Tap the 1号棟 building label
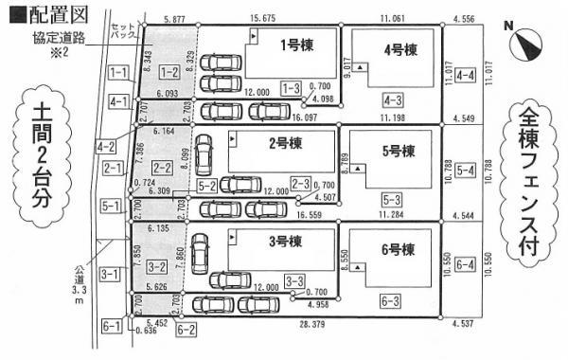coord(296,44)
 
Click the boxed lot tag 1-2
coord(169,72)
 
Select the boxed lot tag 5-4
coord(465,171)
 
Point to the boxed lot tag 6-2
coord(186,330)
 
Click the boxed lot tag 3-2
coord(157,268)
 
